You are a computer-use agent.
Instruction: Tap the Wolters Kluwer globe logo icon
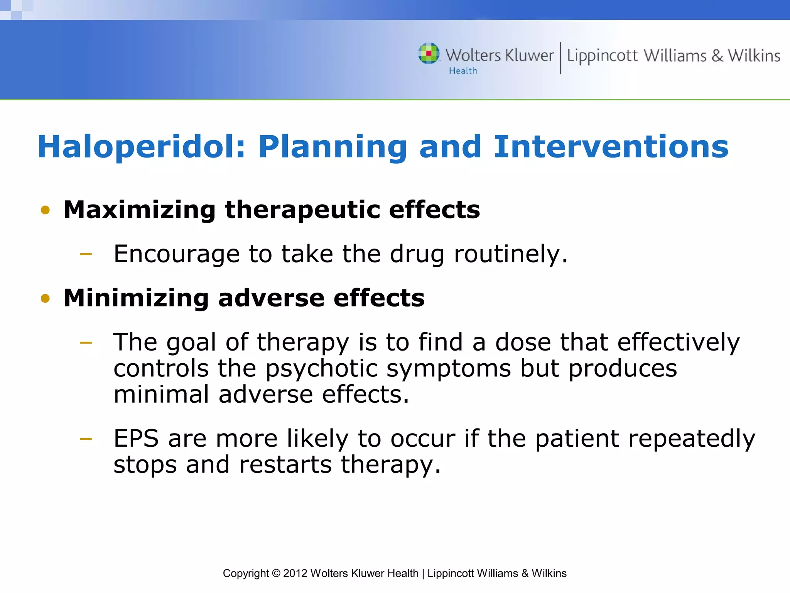point(429,53)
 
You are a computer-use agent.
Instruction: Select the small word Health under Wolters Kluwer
point(463,71)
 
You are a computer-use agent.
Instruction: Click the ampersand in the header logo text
point(717,56)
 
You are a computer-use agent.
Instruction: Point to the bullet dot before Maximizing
point(46,210)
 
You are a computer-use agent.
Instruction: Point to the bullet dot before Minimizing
point(46,298)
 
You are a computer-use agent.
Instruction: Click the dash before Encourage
point(86,254)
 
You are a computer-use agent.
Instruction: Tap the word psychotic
point(321,369)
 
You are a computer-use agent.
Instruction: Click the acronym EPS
point(136,439)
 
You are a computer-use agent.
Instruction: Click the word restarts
point(285,465)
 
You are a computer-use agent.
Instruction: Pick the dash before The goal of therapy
point(86,342)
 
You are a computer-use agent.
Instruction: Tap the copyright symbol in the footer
point(276,573)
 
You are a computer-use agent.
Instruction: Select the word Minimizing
point(136,298)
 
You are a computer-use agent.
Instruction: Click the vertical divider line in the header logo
point(560,58)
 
